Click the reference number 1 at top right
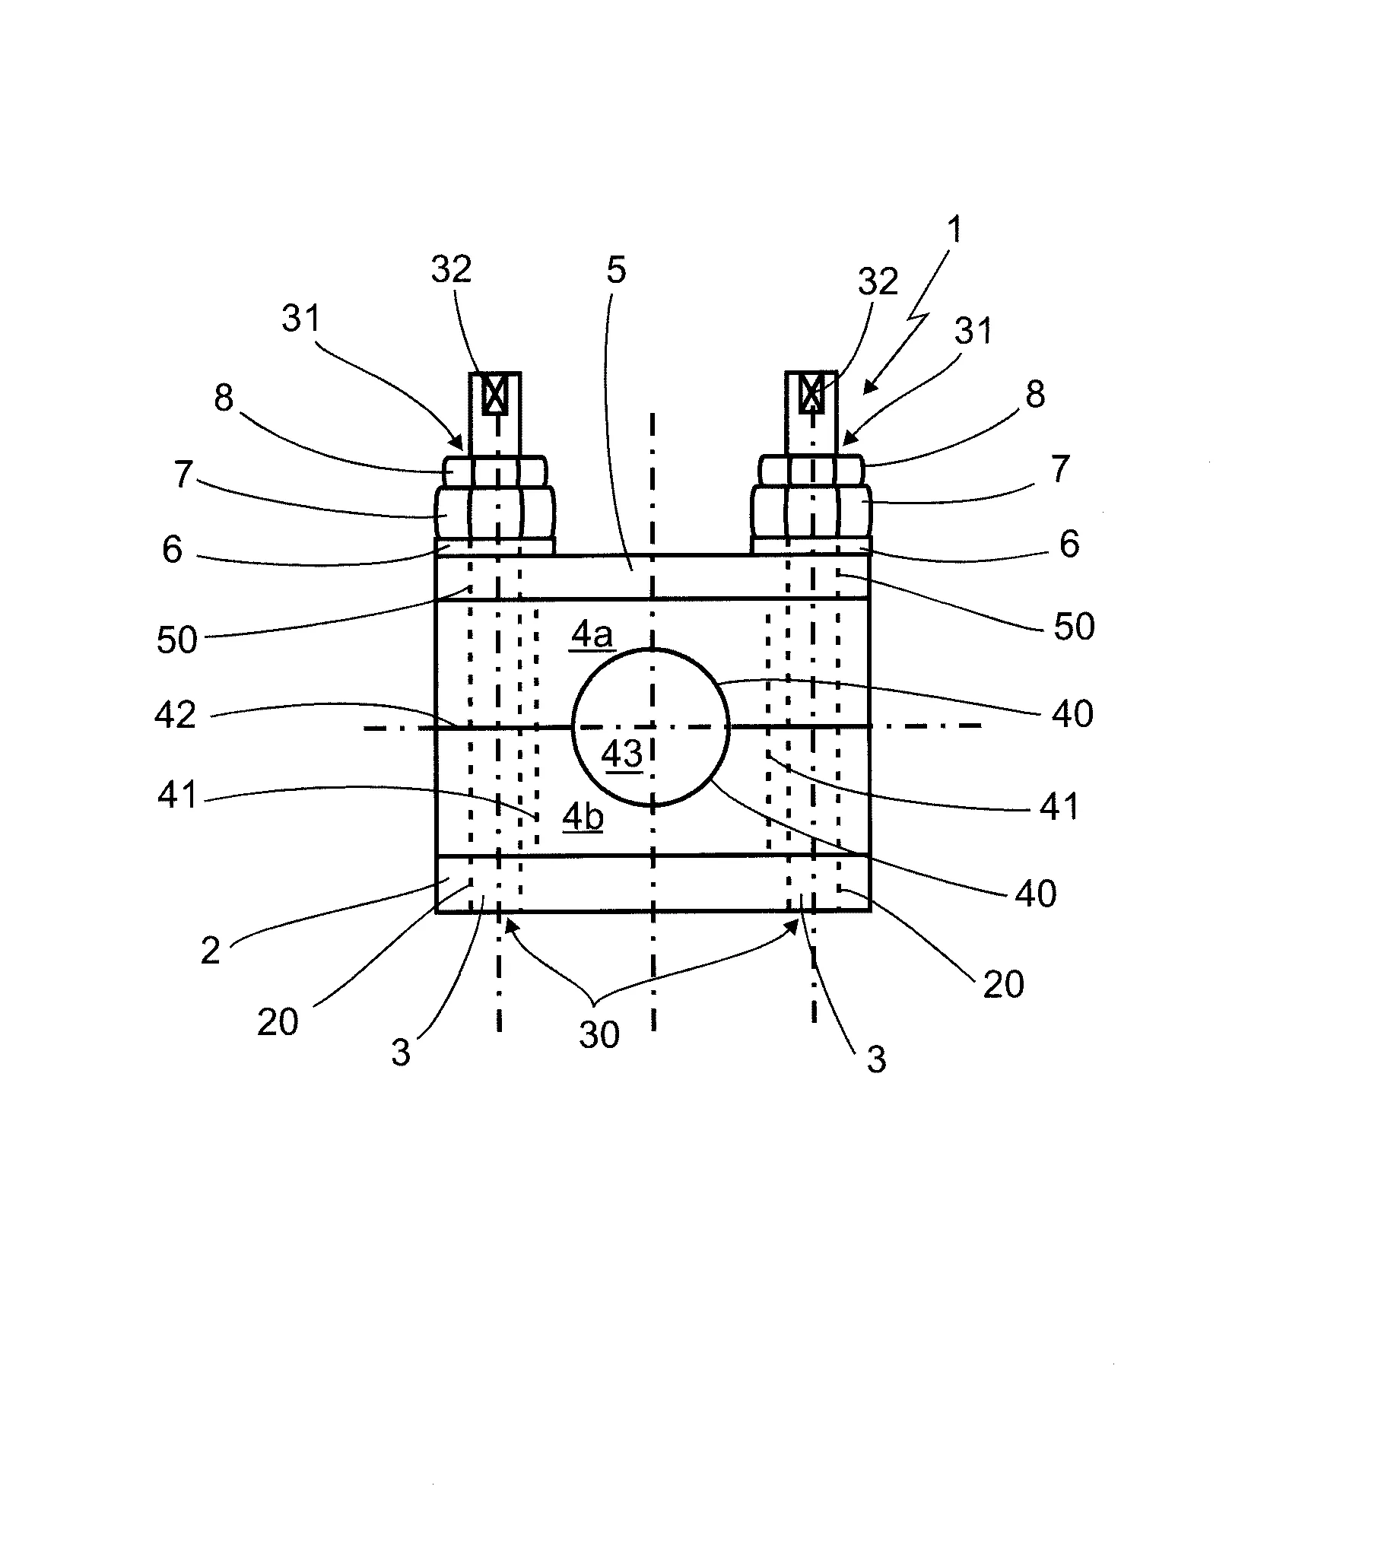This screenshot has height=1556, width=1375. tap(954, 229)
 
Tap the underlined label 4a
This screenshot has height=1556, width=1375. tap(592, 634)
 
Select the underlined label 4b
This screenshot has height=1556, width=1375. tap(583, 817)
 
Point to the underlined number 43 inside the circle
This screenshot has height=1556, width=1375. tap(622, 754)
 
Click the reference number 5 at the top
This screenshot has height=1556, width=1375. tap(616, 270)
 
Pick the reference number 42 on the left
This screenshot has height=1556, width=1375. tap(176, 715)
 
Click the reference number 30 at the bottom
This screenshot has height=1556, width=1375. tap(599, 1035)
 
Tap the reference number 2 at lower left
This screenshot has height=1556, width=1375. tap(210, 951)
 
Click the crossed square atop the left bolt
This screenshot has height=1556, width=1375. tap(495, 395)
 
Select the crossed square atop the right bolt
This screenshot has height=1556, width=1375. tap(811, 394)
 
